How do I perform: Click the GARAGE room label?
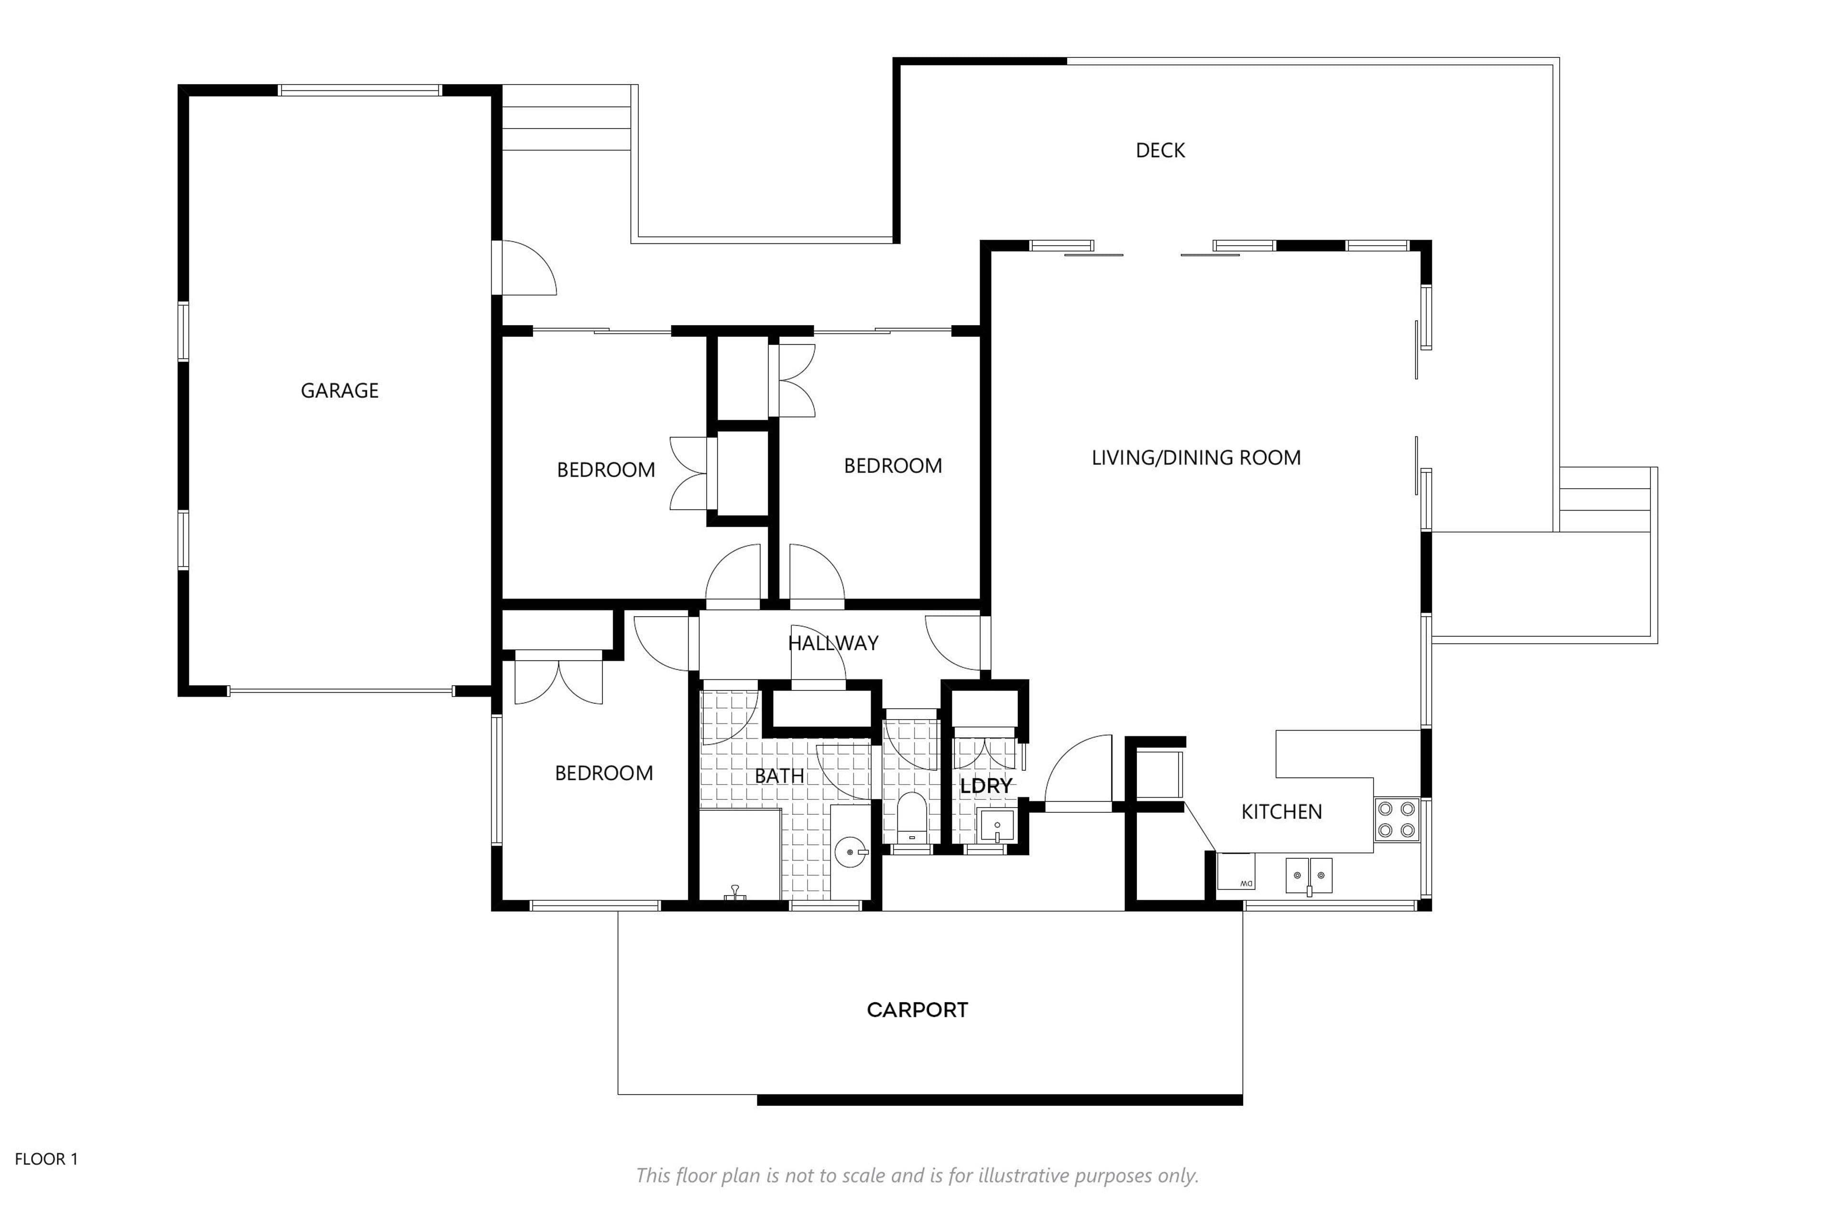339,390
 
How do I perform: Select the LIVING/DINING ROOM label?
1196,458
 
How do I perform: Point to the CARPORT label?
917,1010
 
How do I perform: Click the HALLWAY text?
833,643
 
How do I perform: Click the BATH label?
779,776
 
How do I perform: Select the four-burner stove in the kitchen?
1397,820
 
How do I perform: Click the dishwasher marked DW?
1235,871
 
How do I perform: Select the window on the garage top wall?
360,90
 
